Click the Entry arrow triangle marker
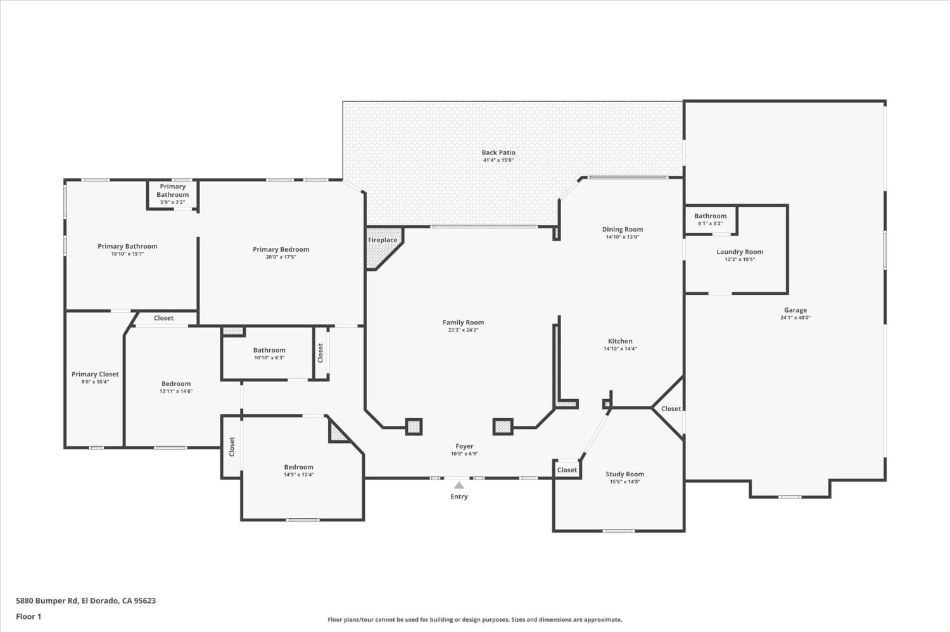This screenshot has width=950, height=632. pyautogui.click(x=459, y=485)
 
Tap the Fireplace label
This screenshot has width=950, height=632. pyautogui.click(x=383, y=240)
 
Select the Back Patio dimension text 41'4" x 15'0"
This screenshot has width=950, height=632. pyautogui.click(x=498, y=161)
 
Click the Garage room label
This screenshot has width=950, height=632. pyautogui.click(x=795, y=310)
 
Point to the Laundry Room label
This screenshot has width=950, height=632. pyautogui.click(x=740, y=252)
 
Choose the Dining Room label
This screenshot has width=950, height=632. pyautogui.click(x=622, y=230)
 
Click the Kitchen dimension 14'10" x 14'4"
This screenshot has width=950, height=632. pyautogui.click(x=620, y=349)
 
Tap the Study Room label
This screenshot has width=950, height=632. pyautogui.click(x=624, y=474)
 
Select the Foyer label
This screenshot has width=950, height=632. pyautogui.click(x=464, y=446)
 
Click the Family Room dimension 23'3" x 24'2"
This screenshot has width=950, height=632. pyautogui.click(x=463, y=330)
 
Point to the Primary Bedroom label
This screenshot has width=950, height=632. pyautogui.click(x=281, y=249)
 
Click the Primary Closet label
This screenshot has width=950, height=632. pyautogui.click(x=95, y=374)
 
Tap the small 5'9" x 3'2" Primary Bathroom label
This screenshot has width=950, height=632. pyautogui.click(x=172, y=190)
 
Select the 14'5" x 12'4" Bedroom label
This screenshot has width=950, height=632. pyautogui.click(x=298, y=468)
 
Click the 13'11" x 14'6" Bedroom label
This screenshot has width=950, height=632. pyautogui.click(x=175, y=383)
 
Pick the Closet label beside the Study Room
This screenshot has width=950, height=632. pyautogui.click(x=567, y=469)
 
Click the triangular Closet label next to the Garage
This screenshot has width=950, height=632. pyautogui.click(x=671, y=409)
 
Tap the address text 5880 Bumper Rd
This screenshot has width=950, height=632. pyautogui.click(x=85, y=600)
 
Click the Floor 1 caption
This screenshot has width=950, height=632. pyautogui.click(x=28, y=616)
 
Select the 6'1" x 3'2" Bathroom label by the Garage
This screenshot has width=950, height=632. pyautogui.click(x=710, y=216)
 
